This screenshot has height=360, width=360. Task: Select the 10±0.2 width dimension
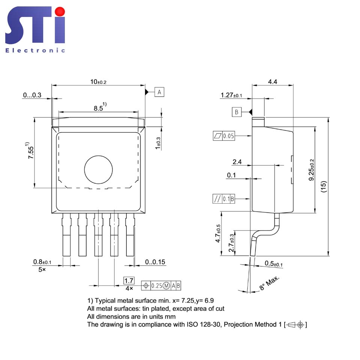click(x=98, y=82)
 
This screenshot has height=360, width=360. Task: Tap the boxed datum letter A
click(x=159, y=91)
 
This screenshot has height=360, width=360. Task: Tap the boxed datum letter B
click(x=237, y=112)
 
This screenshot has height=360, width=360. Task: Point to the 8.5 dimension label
click(x=100, y=108)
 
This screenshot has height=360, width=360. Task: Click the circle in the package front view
click(x=98, y=170)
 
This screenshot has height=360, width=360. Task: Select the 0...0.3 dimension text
click(x=32, y=95)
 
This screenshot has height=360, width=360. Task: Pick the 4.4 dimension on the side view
click(x=273, y=82)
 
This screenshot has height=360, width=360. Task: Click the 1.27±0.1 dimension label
click(x=231, y=96)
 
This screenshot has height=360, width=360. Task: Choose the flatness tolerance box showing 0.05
click(x=224, y=136)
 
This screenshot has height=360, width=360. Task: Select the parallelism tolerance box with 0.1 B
click(x=224, y=199)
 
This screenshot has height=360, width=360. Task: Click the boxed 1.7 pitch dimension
click(x=129, y=280)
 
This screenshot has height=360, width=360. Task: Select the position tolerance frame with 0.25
click(x=162, y=286)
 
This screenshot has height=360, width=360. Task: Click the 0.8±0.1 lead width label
click(x=42, y=262)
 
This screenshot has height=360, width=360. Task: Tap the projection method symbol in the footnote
click(x=296, y=324)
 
